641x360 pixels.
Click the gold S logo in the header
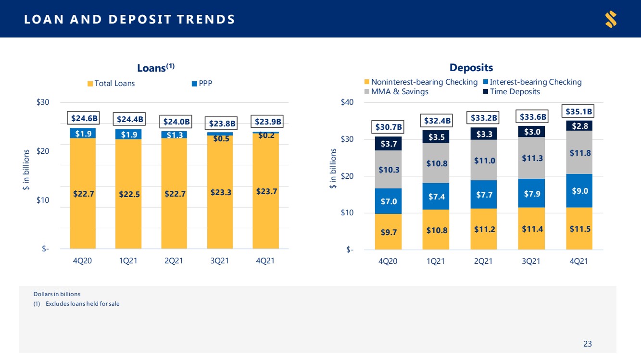[x=611, y=19]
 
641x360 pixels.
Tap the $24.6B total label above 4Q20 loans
[x=83, y=118]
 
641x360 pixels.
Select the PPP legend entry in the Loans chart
[x=202, y=83]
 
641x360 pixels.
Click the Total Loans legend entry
[x=111, y=83]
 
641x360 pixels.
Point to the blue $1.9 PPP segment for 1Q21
[x=128, y=134]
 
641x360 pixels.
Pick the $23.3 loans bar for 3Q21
[x=220, y=192]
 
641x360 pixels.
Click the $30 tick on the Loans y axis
[x=43, y=102]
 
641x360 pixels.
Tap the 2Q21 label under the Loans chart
[x=174, y=261]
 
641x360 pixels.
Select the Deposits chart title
[x=471, y=67]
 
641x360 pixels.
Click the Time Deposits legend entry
[x=512, y=91]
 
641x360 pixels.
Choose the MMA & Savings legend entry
[x=396, y=91]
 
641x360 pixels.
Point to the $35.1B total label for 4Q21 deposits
[x=578, y=111]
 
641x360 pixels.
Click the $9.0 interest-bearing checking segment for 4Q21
[x=579, y=191]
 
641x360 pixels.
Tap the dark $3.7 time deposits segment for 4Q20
[x=389, y=144]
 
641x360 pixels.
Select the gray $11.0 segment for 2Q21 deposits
[x=484, y=160]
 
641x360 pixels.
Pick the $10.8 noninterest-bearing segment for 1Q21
[x=436, y=230]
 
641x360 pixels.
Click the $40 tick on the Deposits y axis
[x=347, y=102]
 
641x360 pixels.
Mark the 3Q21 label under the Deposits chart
[x=531, y=261]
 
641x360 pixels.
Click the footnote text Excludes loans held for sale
[x=82, y=304]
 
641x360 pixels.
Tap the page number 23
[x=588, y=344]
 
